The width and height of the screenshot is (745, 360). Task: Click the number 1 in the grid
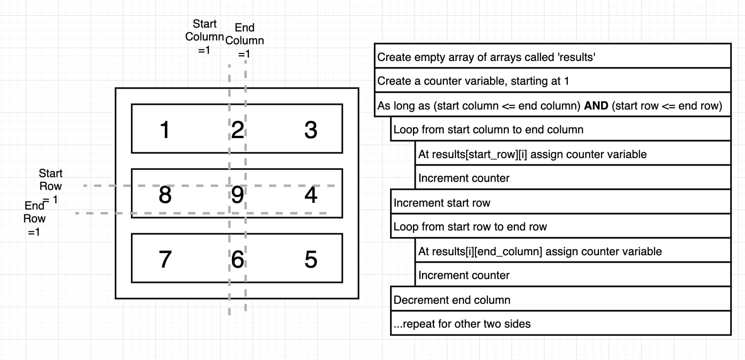(x=165, y=130)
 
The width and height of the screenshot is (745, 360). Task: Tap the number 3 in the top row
(x=311, y=130)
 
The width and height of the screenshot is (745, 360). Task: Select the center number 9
(x=237, y=195)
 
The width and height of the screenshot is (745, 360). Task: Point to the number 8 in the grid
(x=165, y=195)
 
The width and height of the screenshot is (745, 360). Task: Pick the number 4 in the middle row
(x=311, y=195)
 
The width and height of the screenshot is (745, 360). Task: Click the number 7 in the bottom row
(x=165, y=260)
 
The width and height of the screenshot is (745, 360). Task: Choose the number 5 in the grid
(x=311, y=260)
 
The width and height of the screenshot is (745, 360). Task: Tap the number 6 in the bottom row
(x=237, y=260)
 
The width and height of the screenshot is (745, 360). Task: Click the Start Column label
(x=204, y=37)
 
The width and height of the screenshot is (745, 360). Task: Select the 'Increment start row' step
(x=442, y=203)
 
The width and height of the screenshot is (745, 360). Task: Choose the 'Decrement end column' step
(x=452, y=300)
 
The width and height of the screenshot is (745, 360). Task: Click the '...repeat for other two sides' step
(x=462, y=324)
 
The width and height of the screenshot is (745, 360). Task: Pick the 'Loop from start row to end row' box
(x=470, y=227)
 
